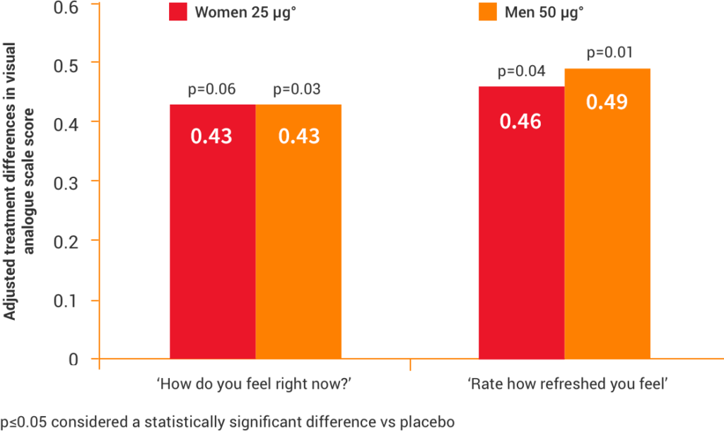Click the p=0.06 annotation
pyautogui.click(x=211, y=90)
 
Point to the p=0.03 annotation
pyautogui.click(x=296, y=90)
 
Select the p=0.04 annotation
pyautogui.click(x=521, y=72)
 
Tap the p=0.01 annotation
pyautogui.click(x=608, y=53)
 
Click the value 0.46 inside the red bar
pyautogui.click(x=520, y=121)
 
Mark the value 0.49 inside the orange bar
pyautogui.click(x=607, y=102)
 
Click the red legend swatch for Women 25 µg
pyautogui.click(x=178, y=12)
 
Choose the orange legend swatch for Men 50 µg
pyautogui.click(x=487, y=12)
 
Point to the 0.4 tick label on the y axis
pyautogui.click(x=65, y=122)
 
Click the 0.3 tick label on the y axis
pyautogui.click(x=65, y=181)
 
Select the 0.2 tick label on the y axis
pyautogui.click(x=65, y=240)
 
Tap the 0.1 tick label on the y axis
pyautogui.click(x=65, y=300)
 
